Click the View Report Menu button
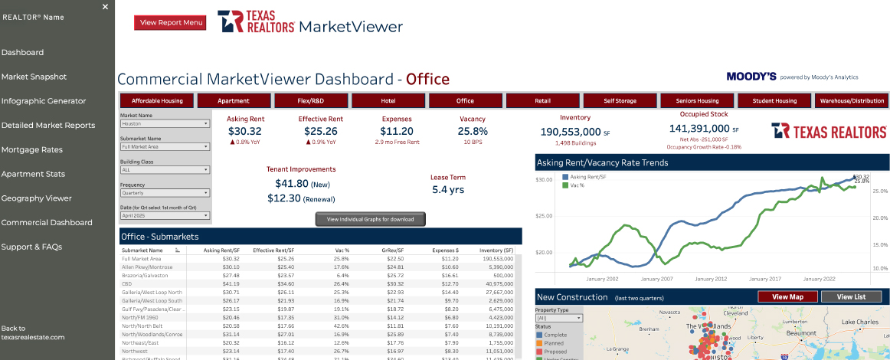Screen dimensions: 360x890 170,23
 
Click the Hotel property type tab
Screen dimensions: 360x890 388,100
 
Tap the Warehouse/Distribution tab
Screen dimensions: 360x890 852,100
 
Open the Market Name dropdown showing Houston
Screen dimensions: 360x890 165,123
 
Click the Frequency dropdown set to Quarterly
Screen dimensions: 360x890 165,193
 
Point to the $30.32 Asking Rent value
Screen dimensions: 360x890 245,131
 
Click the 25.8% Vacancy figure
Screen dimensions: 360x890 473,131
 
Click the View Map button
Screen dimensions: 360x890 787,297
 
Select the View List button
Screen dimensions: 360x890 851,297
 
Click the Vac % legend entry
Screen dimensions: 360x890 578,185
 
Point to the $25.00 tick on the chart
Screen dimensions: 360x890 543,216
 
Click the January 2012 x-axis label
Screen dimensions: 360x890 711,279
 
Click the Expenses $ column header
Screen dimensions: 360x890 445,250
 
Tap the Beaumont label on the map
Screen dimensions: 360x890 803,333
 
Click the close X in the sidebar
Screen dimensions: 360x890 106,6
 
